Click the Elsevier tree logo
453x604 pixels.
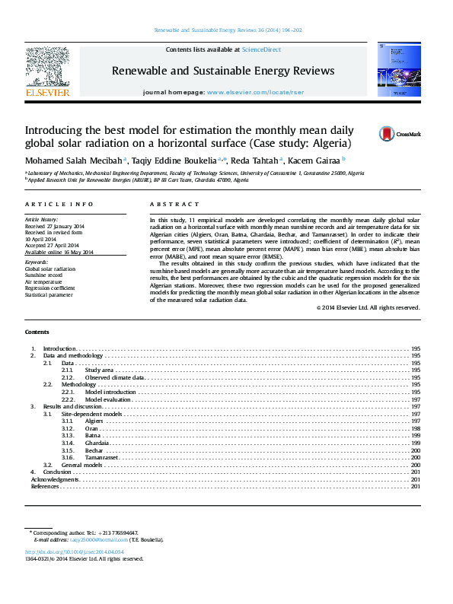tap(48, 68)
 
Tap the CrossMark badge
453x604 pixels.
tap(400, 134)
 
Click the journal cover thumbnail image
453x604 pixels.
tap(399, 69)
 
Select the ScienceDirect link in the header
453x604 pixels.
tap(261, 49)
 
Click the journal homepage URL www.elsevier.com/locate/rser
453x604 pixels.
tap(249, 91)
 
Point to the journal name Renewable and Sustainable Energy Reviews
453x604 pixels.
tap(223, 71)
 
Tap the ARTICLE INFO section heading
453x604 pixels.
tap(59, 205)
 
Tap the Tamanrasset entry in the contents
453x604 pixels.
tap(101, 457)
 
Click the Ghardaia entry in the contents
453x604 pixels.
tap(97, 442)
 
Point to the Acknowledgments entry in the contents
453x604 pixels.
tap(55, 479)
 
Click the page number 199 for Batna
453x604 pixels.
tap(416, 435)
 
